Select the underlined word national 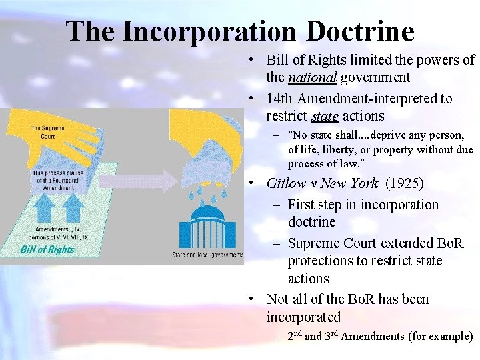point(313,77)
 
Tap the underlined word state point(325,116)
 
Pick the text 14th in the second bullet point(279,99)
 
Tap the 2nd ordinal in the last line point(294,336)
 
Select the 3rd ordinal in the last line point(331,336)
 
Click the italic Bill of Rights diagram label point(47,250)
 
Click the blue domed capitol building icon point(207,227)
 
